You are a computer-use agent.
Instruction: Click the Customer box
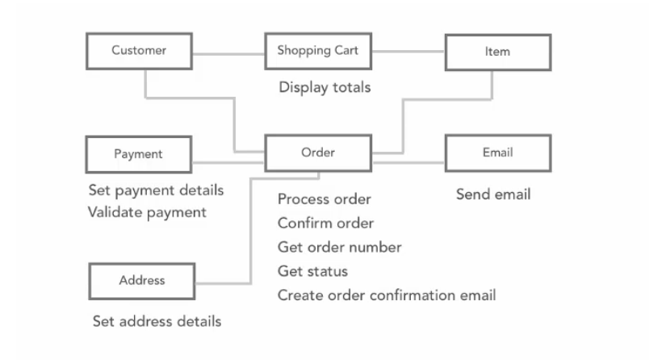[139, 51]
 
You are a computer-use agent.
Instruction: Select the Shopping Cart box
[318, 51]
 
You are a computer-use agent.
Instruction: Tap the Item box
[498, 52]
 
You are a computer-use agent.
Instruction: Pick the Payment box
[139, 154]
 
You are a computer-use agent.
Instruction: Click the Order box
[318, 153]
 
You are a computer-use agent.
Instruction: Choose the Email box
[498, 153]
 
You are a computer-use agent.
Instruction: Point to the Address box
[141, 281]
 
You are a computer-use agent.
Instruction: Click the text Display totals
[324, 88]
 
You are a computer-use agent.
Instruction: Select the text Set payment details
[156, 190]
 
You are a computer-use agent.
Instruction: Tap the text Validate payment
[147, 212]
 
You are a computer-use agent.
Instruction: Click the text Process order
[324, 199]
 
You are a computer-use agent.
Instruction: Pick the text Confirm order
[326, 224]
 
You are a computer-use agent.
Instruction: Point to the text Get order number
[339, 248]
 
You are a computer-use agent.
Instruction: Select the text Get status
[313, 271]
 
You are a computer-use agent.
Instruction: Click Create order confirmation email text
[387, 295]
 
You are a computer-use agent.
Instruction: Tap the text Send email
[493, 195]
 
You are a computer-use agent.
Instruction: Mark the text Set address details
[157, 321]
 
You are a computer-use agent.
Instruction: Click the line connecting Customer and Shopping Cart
[228, 54]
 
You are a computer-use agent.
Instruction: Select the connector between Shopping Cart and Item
[408, 52]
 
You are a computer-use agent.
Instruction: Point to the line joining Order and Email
[408, 162]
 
